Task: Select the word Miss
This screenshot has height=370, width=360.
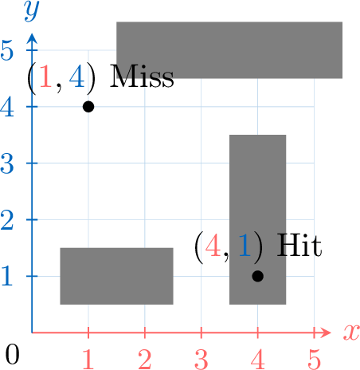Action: click(142, 77)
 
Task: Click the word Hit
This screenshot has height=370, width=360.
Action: click(299, 246)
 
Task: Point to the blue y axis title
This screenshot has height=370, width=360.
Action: click(32, 11)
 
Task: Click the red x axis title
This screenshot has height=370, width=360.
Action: click(351, 332)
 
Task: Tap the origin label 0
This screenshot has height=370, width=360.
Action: click(12, 354)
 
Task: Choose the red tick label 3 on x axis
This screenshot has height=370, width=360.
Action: click(201, 359)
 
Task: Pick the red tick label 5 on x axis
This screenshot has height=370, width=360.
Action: click(315, 359)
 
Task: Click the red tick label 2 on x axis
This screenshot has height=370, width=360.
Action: click(145, 359)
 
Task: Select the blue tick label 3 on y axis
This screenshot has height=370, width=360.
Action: click(7, 163)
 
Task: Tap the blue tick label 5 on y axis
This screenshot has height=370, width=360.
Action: click(7, 50)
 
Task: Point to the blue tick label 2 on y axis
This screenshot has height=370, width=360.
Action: click(7, 220)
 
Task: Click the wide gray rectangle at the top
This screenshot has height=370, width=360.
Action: click(229, 50)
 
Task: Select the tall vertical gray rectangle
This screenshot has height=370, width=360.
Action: click(257, 219)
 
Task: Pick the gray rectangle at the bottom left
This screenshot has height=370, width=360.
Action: click(116, 276)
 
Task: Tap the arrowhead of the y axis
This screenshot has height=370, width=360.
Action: click(32, 38)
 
